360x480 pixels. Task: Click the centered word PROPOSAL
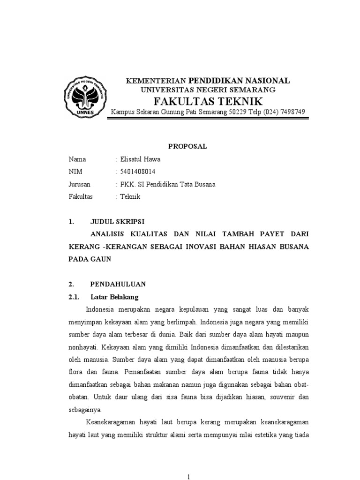point(187,146)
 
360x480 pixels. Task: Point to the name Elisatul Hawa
point(140,159)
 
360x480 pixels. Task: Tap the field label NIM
point(75,172)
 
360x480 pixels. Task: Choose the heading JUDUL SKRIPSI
point(118,221)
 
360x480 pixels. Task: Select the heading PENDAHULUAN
point(118,284)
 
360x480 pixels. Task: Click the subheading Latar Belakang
point(114,297)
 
